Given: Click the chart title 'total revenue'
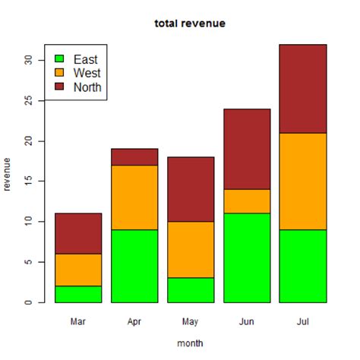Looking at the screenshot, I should coord(190,24).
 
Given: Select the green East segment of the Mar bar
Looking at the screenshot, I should coord(78,294).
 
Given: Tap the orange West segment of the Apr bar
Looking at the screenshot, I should coord(134,197).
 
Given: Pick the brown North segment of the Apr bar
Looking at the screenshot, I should coord(134,156).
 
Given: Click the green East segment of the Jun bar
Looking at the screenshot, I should coord(247,257).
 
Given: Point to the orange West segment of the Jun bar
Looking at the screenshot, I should coord(247,201).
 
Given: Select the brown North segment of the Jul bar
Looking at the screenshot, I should coord(303,89).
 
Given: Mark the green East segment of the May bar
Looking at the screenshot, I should coord(191,290).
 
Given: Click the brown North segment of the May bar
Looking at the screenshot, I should coord(191,190).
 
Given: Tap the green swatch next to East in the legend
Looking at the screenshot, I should coord(59,58).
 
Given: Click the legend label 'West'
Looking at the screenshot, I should coord(87,73).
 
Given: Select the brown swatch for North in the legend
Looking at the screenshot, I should coord(59,87).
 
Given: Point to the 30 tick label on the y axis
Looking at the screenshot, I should coord(28,61).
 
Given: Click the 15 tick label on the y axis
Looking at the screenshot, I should coord(28,182).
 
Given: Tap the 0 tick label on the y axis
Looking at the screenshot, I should coord(28,302).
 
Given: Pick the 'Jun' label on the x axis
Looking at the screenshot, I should coord(247,321).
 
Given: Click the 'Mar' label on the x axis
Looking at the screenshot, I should coord(78,321).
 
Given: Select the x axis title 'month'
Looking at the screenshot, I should coord(190,343).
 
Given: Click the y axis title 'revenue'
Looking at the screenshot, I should coord(8,175).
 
